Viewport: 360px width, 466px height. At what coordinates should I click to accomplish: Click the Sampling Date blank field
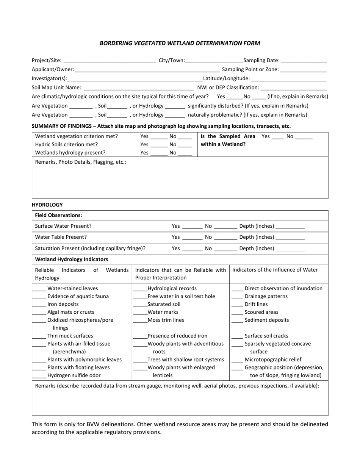tap(304, 61)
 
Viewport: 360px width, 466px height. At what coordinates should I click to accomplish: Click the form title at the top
tap(180, 43)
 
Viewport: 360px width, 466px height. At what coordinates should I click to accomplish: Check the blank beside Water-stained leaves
tap(39, 289)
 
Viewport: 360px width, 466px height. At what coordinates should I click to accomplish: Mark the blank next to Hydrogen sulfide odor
tap(39, 376)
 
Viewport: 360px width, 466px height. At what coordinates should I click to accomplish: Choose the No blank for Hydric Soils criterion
tap(185, 145)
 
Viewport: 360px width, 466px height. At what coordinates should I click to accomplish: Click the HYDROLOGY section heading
tap(47, 205)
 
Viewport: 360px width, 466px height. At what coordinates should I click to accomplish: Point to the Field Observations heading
tap(58, 215)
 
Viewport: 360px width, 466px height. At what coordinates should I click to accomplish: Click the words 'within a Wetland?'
tap(223, 144)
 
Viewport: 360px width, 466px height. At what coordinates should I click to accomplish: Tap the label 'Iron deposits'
tap(63, 304)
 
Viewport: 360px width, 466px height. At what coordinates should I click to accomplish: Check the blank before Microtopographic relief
tap(237, 360)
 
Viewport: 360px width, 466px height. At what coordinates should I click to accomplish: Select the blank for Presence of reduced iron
tap(140, 336)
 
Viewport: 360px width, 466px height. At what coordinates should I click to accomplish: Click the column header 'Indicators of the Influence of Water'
tap(275, 270)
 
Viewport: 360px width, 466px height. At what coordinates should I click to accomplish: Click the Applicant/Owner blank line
tap(147, 70)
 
